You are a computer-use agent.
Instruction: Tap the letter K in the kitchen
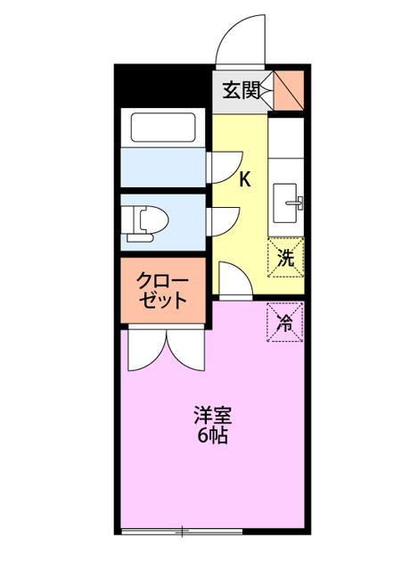click(x=244, y=178)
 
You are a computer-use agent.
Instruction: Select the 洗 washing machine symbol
click(x=285, y=260)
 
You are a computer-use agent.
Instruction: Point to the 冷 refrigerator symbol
click(x=285, y=321)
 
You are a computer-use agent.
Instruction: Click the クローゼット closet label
click(x=162, y=290)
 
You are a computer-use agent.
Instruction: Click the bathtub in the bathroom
click(x=163, y=128)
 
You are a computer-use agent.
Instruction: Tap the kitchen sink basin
click(x=287, y=200)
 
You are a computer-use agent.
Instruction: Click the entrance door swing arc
click(x=241, y=40)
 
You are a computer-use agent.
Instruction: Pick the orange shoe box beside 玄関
click(x=289, y=89)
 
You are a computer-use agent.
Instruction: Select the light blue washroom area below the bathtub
click(x=162, y=167)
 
